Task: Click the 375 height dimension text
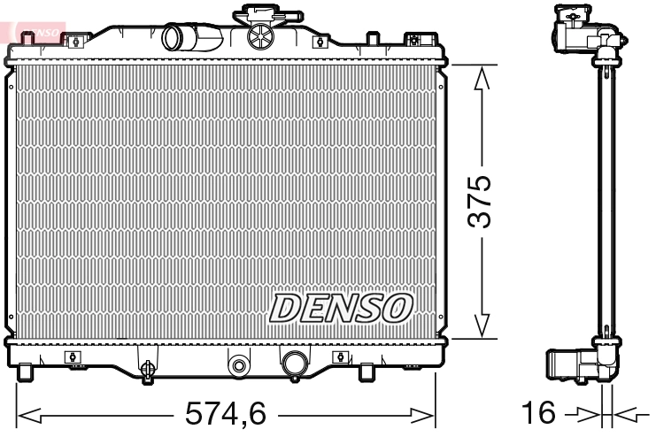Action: click(x=479, y=203)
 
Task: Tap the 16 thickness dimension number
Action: click(x=538, y=413)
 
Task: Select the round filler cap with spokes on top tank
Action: click(x=260, y=36)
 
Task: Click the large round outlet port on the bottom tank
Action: click(x=294, y=362)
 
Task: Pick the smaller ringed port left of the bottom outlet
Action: click(x=237, y=364)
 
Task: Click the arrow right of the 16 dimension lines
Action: click(x=630, y=413)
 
